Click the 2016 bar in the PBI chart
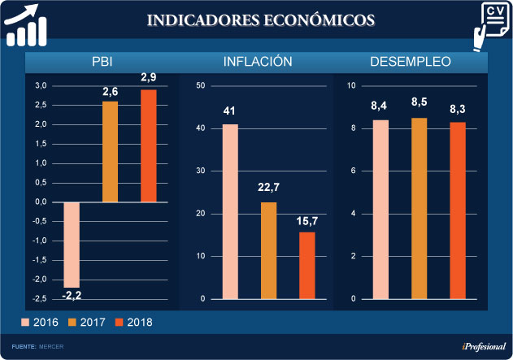click(72, 244)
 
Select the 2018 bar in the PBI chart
click(149, 145)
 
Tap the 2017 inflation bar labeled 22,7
click(269, 250)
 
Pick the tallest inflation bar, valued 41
click(230, 211)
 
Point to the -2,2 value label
click(72, 294)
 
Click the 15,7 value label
click(306, 221)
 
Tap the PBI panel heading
click(102, 62)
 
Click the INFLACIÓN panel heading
click(258, 62)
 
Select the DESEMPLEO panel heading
click(411, 62)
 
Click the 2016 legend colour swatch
click(24, 323)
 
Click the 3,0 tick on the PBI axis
click(41, 85)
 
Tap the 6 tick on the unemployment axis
click(352, 171)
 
